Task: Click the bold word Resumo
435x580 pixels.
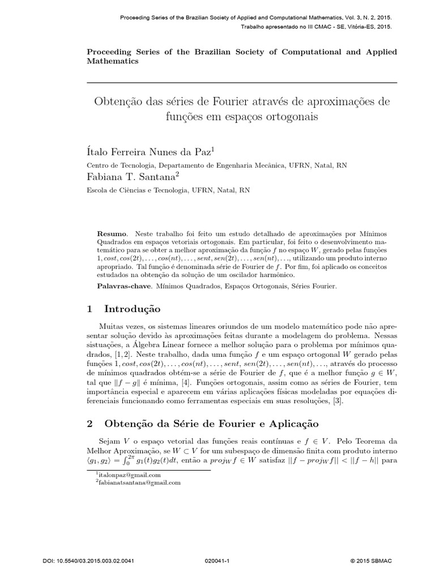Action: (x=112, y=233)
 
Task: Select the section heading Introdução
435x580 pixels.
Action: (x=133, y=309)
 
